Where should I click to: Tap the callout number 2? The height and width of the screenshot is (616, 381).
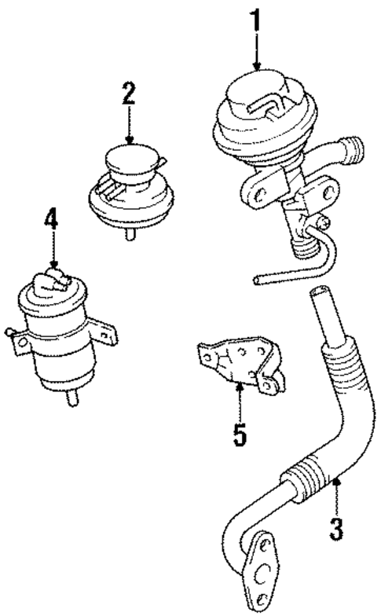[129, 94]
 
